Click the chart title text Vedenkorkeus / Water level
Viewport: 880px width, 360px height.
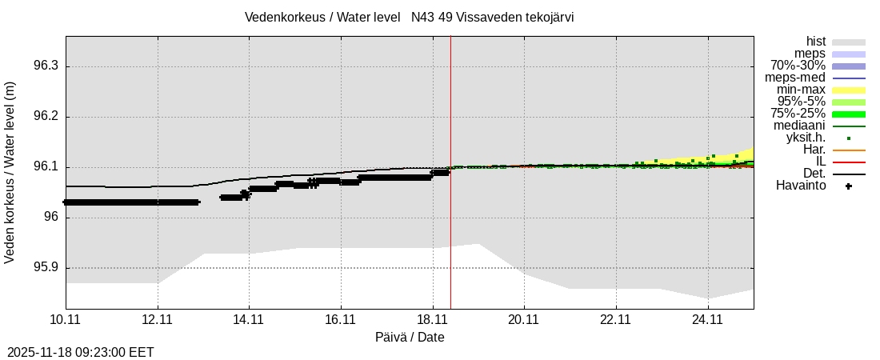[322, 18]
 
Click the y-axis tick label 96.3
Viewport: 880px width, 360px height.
[46, 66]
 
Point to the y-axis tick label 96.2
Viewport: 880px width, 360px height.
[46, 117]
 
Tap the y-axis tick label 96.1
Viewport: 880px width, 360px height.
[46, 167]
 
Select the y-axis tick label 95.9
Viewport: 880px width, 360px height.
[46, 268]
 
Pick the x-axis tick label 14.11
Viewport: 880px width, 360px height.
[249, 320]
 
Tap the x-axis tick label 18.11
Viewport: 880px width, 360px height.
[433, 320]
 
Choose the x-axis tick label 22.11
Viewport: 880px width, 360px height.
[616, 320]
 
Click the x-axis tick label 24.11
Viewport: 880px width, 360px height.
[707, 320]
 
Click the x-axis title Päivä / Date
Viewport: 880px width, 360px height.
[410, 338]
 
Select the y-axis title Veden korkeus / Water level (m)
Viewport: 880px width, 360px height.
[10, 172]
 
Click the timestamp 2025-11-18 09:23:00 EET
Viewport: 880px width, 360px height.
[80, 352]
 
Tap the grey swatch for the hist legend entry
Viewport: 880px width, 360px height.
[849, 42]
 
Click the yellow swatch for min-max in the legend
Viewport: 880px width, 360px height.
[849, 90]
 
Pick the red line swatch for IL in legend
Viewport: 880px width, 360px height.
[849, 162]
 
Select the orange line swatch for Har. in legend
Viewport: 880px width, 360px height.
[849, 150]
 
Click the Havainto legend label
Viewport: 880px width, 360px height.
[801, 186]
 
